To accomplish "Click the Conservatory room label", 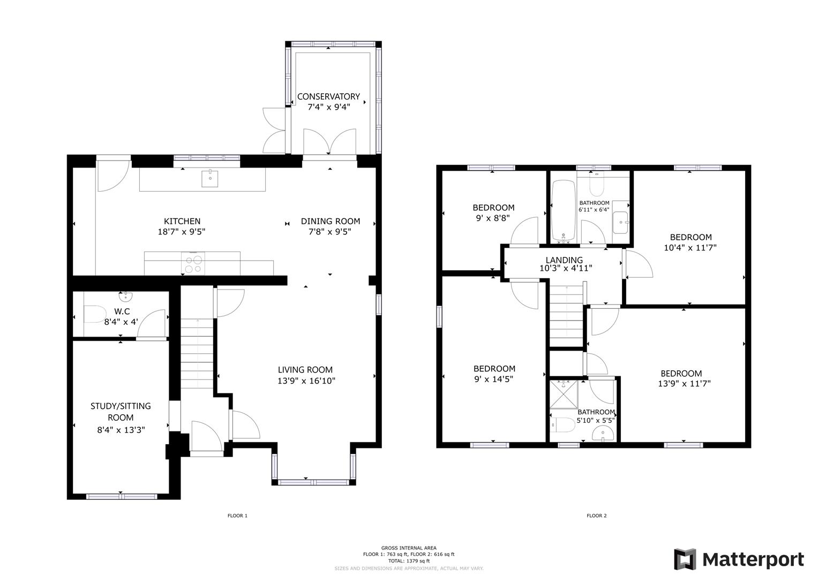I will pos(328,96).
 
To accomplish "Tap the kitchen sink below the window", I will pos(210,178).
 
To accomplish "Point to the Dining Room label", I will pos(330,221).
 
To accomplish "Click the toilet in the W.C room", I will pos(94,314).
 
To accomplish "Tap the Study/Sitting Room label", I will pos(121,412).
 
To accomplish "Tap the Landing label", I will pos(564,260).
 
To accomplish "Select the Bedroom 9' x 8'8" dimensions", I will pos(493,218).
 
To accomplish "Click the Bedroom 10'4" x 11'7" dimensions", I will pos(691,248).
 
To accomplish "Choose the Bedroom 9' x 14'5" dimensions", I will pos(494,379).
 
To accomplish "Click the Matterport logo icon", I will pos(685,559).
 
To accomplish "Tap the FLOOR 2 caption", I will pos(596,516).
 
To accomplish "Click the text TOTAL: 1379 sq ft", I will pos(409,561).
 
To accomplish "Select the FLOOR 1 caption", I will pos(237,516).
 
